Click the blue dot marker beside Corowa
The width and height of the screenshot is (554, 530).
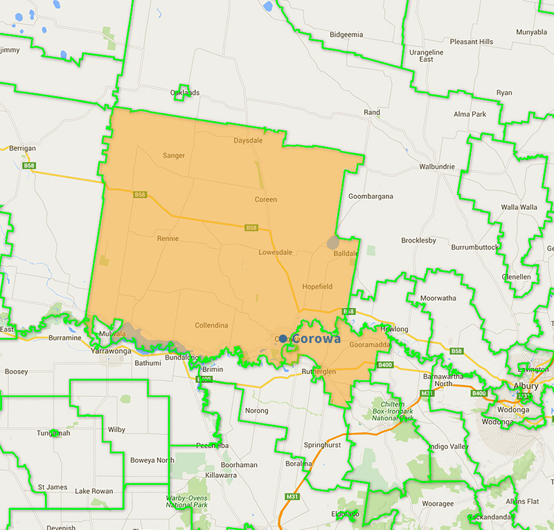[x=283, y=339]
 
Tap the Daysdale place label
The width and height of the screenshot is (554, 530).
[x=248, y=140]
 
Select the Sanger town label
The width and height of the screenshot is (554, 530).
[x=174, y=155]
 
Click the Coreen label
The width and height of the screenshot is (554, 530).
[x=266, y=200]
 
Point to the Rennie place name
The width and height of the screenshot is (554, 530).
[x=168, y=238]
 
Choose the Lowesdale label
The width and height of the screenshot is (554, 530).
[x=278, y=252]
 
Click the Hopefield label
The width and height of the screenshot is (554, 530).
[x=318, y=286]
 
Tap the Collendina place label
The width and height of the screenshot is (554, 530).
[x=211, y=325]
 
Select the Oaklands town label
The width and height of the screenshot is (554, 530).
[x=185, y=92]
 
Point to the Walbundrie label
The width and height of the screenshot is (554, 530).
[x=437, y=167]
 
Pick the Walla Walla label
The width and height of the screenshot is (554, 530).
[x=519, y=207]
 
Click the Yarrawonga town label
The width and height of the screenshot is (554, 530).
[x=110, y=351]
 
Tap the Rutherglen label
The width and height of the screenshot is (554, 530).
[x=319, y=372]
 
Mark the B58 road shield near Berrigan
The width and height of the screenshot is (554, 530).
[x=29, y=166]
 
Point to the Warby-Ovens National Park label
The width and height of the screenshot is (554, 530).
[x=188, y=502]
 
